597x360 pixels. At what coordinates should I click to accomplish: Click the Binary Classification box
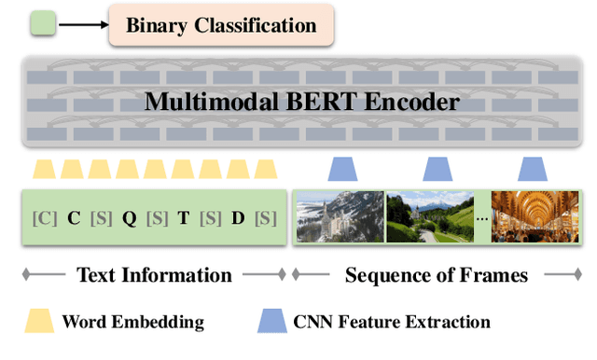point(222,25)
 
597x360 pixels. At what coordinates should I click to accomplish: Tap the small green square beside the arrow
point(44,25)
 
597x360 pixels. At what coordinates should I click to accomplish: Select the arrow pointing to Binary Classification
point(82,25)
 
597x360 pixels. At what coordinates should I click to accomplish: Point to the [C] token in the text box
point(44,218)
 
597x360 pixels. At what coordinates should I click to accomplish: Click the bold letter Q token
point(130,218)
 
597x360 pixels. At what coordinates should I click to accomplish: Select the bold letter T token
point(184,218)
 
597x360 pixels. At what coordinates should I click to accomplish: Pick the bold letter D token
point(238,218)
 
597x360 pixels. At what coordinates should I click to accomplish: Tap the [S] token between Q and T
point(157,218)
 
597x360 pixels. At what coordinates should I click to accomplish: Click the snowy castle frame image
point(340,217)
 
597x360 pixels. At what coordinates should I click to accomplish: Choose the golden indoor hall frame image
point(535,217)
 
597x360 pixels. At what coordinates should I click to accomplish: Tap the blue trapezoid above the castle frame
point(343,169)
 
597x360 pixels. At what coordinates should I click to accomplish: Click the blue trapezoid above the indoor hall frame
point(533,169)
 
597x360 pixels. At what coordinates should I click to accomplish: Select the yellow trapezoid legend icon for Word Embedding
point(40,323)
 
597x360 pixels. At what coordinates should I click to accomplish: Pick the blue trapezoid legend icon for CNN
point(271,323)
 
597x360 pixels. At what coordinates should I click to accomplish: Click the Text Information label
point(154,275)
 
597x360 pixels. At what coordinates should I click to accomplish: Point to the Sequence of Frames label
point(436,275)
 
